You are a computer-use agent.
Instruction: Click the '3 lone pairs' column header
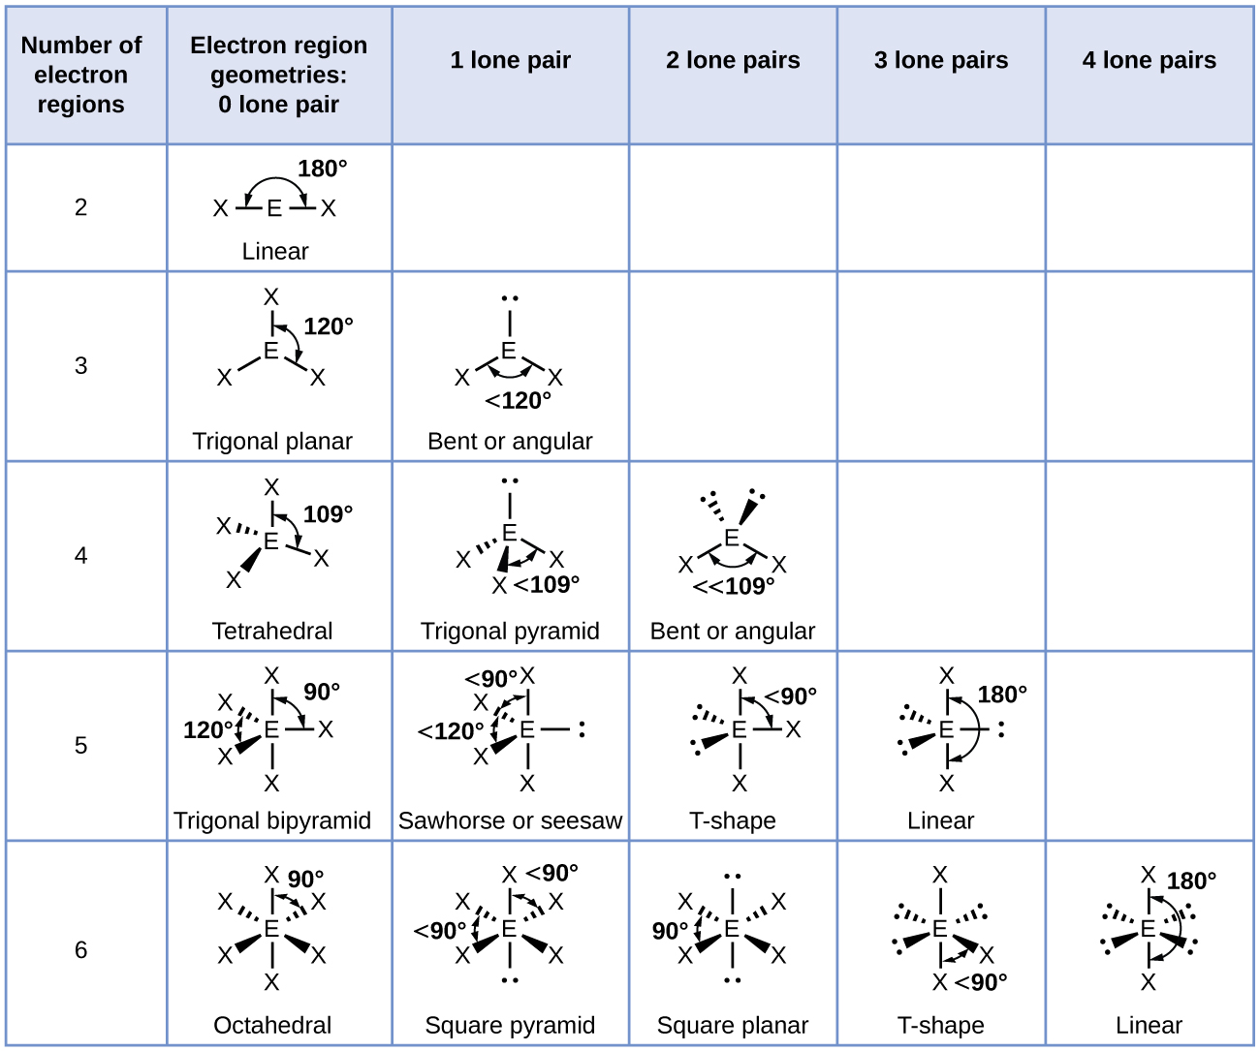(941, 60)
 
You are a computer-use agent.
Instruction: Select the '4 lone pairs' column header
(1149, 60)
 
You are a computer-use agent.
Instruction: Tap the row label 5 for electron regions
(81, 745)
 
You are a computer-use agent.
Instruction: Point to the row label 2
(81, 207)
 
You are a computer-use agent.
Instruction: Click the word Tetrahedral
(272, 631)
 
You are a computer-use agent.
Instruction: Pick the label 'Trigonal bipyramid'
(272, 820)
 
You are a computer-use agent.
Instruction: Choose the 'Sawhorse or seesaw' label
(510, 820)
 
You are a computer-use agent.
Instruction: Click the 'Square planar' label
(733, 1025)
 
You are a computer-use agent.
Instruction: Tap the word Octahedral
(272, 1025)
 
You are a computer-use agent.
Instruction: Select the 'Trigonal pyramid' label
(510, 631)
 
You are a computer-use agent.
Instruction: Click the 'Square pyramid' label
(510, 1025)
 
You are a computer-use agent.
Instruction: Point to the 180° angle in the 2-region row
(322, 169)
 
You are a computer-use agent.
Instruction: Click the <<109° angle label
(734, 586)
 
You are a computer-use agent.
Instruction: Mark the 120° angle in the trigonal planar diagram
(329, 326)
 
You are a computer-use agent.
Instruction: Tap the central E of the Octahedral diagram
(271, 930)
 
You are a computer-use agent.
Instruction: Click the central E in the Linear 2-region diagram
(274, 208)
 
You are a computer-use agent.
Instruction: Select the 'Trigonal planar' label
(272, 441)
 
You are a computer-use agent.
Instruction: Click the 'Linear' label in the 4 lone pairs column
(1149, 1025)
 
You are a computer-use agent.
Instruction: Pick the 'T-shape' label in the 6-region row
(940, 1025)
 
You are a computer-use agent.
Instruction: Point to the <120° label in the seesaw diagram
(451, 731)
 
